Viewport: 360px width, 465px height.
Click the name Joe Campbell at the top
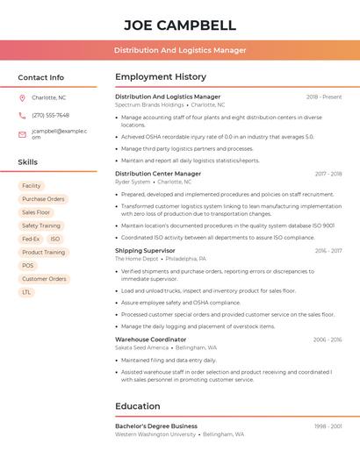click(180, 25)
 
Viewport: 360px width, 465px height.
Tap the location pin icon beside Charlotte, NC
click(22, 98)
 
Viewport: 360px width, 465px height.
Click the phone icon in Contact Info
click(22, 115)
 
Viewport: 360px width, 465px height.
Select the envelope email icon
click(22, 134)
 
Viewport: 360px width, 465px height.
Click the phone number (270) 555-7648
click(50, 115)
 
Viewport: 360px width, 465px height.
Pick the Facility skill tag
click(32, 186)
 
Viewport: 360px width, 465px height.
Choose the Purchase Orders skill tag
click(43, 199)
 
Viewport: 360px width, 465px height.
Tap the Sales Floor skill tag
click(36, 212)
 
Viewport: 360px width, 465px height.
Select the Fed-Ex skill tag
click(31, 239)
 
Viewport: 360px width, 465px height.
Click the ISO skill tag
click(55, 239)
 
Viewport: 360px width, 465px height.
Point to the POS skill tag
click(28, 265)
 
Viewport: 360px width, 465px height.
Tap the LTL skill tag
click(26, 292)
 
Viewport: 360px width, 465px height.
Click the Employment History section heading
click(161, 77)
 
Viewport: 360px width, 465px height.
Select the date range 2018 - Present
click(324, 97)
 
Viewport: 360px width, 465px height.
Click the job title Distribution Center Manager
click(158, 174)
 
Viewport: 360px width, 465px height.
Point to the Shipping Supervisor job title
click(145, 250)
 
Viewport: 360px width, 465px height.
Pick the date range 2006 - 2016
click(327, 340)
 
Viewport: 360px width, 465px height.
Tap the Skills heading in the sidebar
click(28, 162)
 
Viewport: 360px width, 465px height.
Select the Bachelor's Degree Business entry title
click(156, 426)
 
